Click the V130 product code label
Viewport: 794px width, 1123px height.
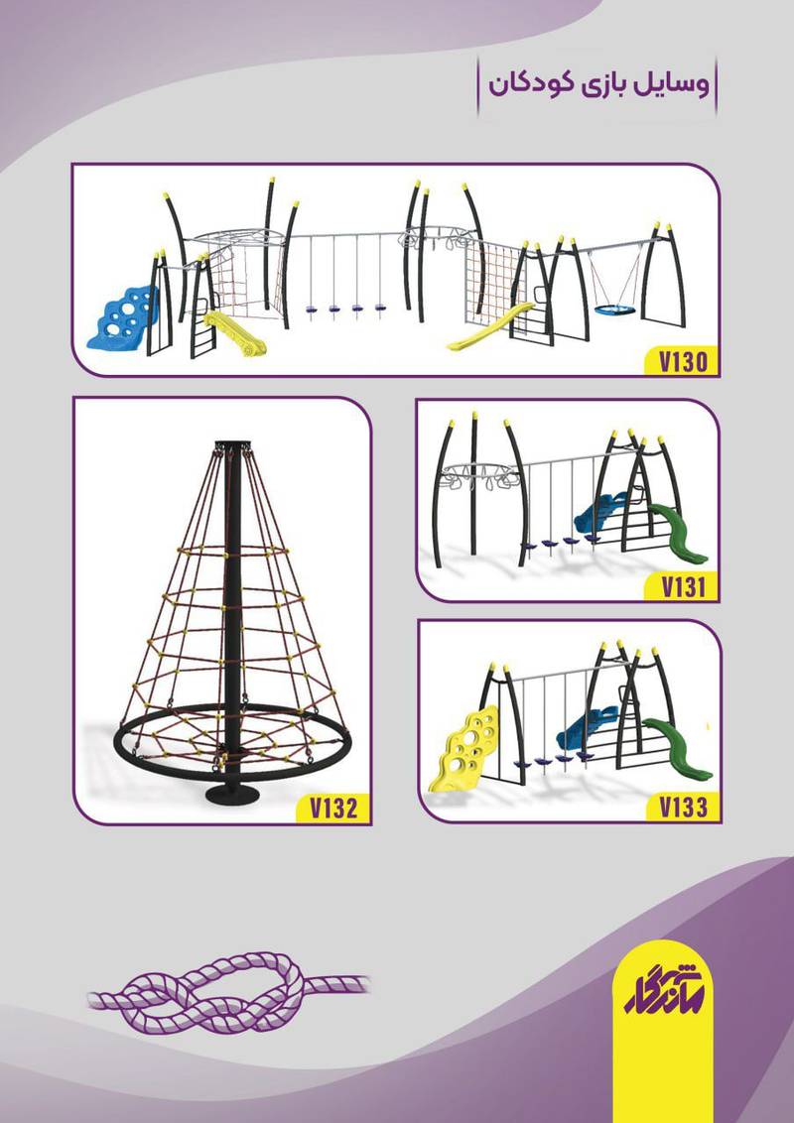683,362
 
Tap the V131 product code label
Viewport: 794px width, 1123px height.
683,587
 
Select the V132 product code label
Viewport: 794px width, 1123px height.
333,808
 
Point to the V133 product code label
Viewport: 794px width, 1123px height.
683,808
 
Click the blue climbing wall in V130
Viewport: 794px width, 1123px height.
122,316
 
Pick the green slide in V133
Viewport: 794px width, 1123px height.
678,749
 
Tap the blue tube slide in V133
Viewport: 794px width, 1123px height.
587,728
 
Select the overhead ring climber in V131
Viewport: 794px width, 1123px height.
478,475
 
